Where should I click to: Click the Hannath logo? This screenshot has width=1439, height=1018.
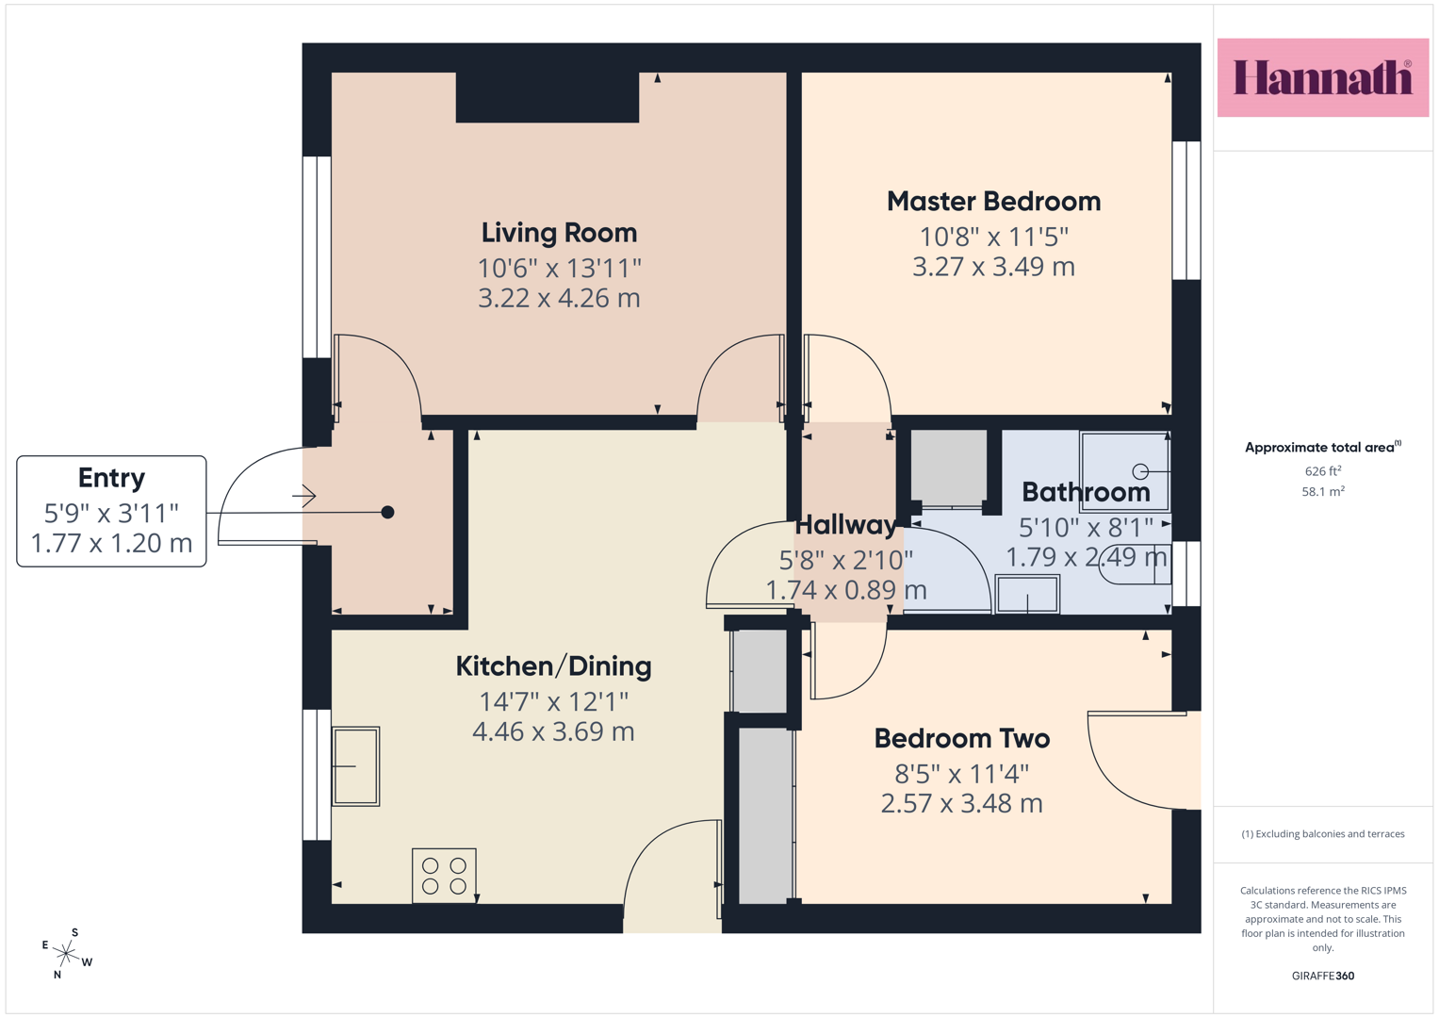pyautogui.click(x=1323, y=77)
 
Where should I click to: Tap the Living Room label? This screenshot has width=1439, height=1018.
pyautogui.click(x=559, y=233)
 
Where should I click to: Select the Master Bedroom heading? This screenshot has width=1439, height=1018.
pyautogui.click(x=994, y=201)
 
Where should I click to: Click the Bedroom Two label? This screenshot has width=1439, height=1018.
pyautogui.click(x=961, y=738)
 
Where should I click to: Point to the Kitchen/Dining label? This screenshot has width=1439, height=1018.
pyautogui.click(x=553, y=666)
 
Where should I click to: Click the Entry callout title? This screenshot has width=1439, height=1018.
pyautogui.click(x=111, y=478)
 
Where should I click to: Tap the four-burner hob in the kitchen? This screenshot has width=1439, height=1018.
pyautogui.click(x=444, y=876)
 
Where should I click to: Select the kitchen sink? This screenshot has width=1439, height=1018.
pyautogui.click(x=355, y=766)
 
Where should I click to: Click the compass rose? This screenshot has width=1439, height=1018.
pyautogui.click(x=67, y=953)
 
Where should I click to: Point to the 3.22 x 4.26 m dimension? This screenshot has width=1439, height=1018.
pyautogui.click(x=559, y=298)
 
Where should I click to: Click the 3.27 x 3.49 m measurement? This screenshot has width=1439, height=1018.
pyautogui.click(x=994, y=267)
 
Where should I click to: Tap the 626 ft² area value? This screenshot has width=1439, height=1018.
pyautogui.click(x=1323, y=471)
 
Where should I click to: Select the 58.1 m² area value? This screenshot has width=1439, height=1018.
pyautogui.click(x=1323, y=492)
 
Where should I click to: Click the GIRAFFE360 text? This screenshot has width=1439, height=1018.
pyautogui.click(x=1323, y=976)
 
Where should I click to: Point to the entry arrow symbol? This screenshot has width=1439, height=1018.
pyautogui.click(x=303, y=496)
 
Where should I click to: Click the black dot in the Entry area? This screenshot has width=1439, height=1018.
pyautogui.click(x=387, y=512)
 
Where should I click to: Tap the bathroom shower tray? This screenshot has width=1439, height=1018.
pyautogui.click(x=1124, y=472)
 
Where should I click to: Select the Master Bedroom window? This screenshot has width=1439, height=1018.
pyautogui.click(x=1186, y=210)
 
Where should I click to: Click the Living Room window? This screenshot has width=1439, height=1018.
pyautogui.click(x=318, y=257)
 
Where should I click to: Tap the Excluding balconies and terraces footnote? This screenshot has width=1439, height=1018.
pyautogui.click(x=1323, y=833)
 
